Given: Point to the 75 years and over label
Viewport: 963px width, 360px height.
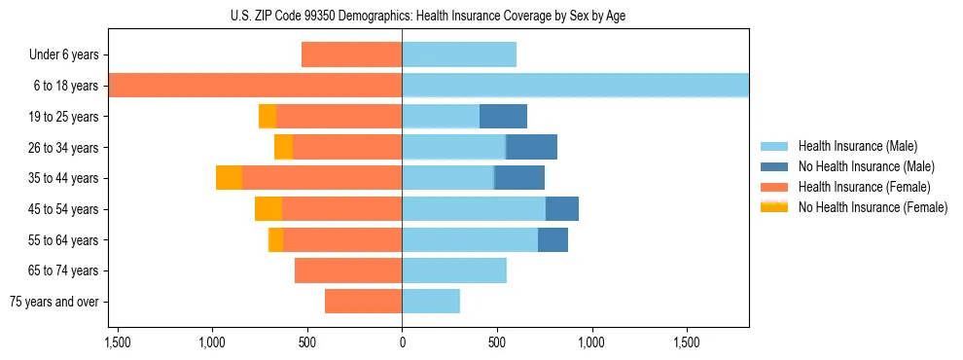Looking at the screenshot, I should [x=53, y=302].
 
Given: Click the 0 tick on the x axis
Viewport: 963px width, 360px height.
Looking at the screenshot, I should [x=402, y=343].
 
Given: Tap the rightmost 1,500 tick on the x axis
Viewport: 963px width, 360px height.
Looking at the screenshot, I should [x=687, y=343].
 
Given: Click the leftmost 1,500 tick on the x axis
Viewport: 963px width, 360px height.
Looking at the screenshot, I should [x=117, y=343].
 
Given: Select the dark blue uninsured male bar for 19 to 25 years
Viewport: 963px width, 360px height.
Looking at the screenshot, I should [x=503, y=117].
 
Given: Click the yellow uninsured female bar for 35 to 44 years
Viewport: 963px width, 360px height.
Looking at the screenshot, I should [x=229, y=178].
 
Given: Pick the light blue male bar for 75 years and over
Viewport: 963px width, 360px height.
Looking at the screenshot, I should [x=431, y=302].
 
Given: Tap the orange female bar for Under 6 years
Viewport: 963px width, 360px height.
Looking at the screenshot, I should [x=351, y=55].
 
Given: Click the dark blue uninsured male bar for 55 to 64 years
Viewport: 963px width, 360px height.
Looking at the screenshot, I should [x=553, y=240].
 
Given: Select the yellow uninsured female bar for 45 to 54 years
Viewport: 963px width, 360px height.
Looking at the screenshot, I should [x=268, y=209].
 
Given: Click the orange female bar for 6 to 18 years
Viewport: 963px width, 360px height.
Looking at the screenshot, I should [x=256, y=86].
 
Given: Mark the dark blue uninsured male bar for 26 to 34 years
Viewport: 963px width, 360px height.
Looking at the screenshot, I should [x=531, y=148].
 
